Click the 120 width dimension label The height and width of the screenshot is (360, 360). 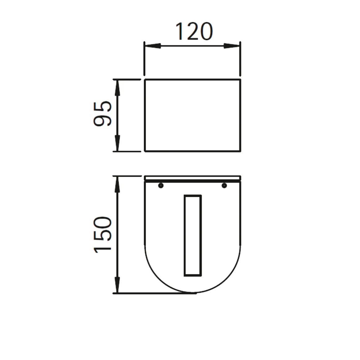194,32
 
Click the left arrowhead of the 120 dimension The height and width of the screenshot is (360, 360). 152,46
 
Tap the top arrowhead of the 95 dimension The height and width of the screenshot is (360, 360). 117,87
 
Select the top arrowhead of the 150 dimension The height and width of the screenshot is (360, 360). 117,184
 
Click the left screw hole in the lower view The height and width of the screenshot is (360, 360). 160,186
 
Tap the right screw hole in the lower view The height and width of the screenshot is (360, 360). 224,186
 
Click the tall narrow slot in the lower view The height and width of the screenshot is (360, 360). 193,235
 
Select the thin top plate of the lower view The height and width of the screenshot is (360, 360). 193,178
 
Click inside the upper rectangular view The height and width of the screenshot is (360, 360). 193,115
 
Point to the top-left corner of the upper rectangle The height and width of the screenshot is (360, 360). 145,80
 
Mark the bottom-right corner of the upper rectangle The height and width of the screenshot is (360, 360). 241,151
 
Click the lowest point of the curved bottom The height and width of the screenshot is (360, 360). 193,293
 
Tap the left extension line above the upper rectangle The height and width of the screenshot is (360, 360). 144,59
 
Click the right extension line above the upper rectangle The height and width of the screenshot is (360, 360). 240,59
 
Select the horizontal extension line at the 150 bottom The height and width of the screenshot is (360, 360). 155,293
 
